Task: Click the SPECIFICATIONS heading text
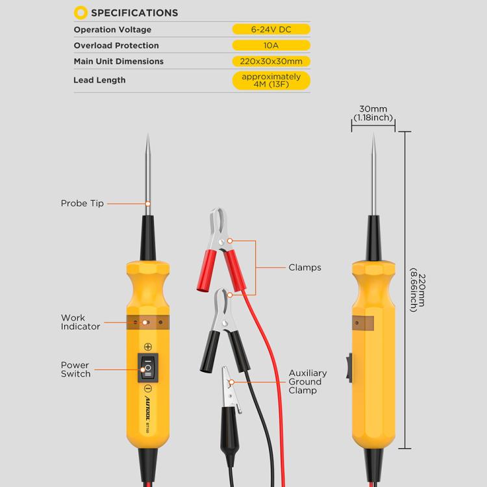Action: (x=134, y=12)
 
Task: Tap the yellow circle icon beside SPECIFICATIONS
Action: (x=81, y=12)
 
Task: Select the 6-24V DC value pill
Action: (x=271, y=30)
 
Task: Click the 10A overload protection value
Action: (x=271, y=45)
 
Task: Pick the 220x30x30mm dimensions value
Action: (x=271, y=61)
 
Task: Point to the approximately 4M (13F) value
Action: (x=271, y=80)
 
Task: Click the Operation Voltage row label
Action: (x=112, y=30)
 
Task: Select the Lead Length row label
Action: (x=99, y=80)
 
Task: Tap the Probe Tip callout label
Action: (x=82, y=203)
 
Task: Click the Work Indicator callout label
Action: (x=81, y=322)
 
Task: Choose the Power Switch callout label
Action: (x=75, y=369)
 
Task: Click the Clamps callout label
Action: (x=305, y=267)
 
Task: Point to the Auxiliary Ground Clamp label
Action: (x=308, y=382)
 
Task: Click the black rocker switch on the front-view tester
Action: (x=147, y=368)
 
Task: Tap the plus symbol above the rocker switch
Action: (x=148, y=347)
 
